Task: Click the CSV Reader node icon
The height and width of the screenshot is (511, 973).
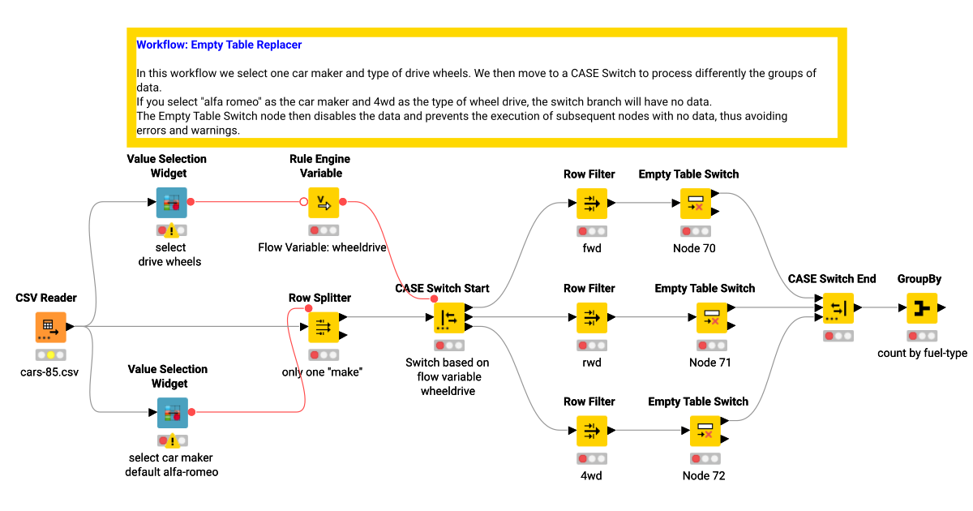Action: click(50, 327)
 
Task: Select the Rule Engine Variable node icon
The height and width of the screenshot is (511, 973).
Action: click(324, 202)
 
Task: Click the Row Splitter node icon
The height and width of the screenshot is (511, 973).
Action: click(324, 327)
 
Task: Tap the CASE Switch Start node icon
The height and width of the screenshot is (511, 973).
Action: click(449, 317)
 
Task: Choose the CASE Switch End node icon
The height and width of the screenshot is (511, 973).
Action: click(838, 308)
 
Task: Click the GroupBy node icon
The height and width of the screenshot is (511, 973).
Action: click(921, 308)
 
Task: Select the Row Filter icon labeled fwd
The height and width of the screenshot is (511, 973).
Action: click(592, 204)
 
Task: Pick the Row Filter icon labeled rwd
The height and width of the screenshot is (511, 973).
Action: click(592, 317)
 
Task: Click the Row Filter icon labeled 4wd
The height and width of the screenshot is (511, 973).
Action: click(592, 431)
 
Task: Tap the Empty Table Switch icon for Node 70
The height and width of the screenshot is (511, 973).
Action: click(695, 204)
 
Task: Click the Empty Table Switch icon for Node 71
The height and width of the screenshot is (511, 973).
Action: click(711, 317)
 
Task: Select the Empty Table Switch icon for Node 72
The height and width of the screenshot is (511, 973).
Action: click(705, 431)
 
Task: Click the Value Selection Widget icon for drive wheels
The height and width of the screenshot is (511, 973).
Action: click(172, 203)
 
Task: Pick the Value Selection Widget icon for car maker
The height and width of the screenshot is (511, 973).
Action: click(172, 413)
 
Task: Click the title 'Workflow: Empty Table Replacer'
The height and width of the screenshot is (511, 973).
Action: click(219, 45)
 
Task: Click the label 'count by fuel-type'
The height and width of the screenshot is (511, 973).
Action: click(922, 354)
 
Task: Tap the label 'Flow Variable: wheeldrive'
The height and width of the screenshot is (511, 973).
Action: click(322, 247)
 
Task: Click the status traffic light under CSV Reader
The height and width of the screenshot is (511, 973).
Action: click(50, 354)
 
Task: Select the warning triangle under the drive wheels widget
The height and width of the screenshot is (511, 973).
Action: click(172, 231)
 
